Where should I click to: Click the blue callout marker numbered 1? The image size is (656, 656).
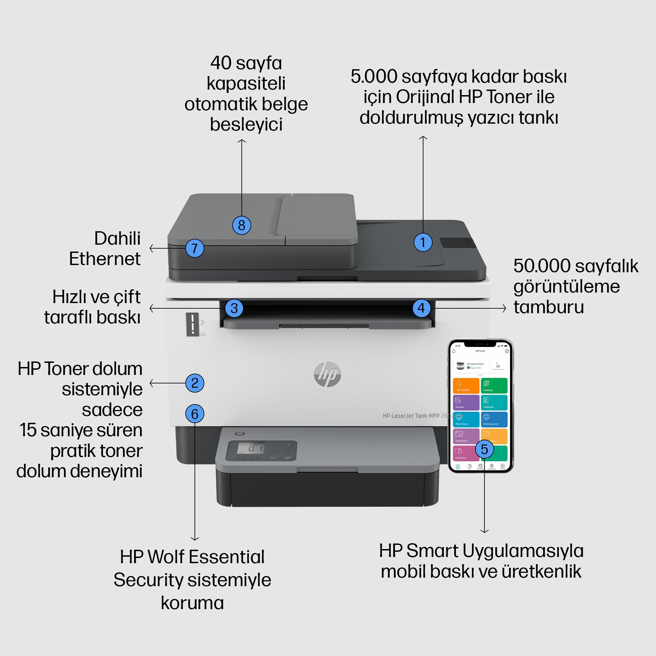click(x=423, y=242)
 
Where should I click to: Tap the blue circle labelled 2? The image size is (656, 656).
click(x=195, y=383)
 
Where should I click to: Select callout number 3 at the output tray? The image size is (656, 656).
click(x=234, y=308)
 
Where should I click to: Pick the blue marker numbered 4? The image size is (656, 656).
click(x=421, y=308)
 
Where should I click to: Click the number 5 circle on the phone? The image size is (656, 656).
click(x=484, y=449)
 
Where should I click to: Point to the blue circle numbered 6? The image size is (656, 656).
click(x=195, y=414)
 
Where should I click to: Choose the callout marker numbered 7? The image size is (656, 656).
click(x=195, y=248)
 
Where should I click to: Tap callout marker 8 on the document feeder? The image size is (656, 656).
click(x=241, y=225)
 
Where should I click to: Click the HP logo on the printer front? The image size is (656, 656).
click(x=327, y=374)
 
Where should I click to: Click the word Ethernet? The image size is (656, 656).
click(x=105, y=259)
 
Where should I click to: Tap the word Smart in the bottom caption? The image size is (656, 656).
click(x=432, y=551)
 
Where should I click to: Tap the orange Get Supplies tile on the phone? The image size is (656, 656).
click(x=466, y=385)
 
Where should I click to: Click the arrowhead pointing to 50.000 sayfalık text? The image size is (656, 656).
click(x=504, y=308)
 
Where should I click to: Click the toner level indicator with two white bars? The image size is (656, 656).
click(x=193, y=324)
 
